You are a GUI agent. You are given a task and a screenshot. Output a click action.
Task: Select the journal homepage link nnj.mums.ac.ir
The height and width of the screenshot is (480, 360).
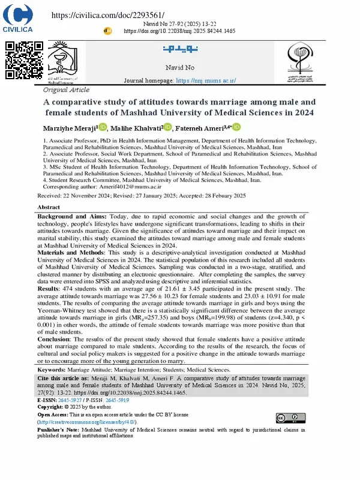click(x=204, y=80)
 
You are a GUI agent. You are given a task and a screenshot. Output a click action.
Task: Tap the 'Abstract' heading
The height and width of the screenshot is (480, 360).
click(x=49, y=206)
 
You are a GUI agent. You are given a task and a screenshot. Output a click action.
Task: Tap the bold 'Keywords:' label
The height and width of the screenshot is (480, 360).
click(x=52, y=371)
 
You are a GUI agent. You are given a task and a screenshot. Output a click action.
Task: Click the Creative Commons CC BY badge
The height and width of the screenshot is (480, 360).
click(x=286, y=418)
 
